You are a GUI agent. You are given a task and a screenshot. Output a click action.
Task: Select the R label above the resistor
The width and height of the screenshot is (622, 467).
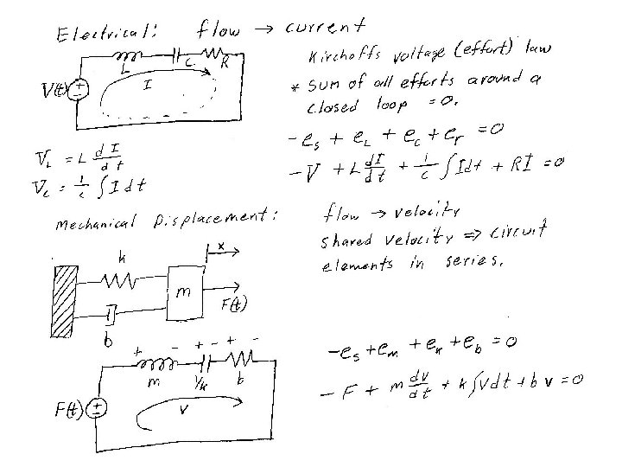pos(225,62)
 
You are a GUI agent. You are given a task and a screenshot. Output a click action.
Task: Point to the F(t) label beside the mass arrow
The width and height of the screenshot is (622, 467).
pos(233,304)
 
